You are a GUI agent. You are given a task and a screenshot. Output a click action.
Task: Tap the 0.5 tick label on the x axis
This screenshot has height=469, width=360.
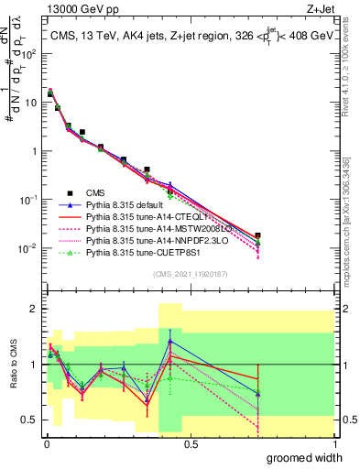[x=190, y=442]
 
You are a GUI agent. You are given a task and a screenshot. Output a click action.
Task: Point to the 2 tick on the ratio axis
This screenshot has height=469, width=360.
[x=35, y=309]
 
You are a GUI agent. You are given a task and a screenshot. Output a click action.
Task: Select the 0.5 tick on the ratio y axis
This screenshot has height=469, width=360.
[x=31, y=420]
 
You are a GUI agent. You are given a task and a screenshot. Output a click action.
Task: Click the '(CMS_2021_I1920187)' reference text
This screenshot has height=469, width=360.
[x=190, y=275]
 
